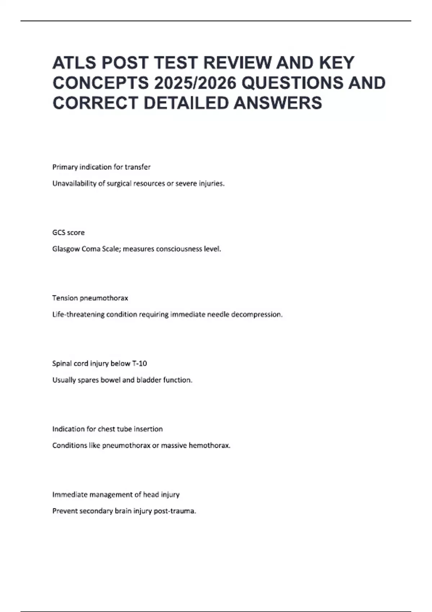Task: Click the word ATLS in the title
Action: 75,63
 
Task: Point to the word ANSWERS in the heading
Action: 278,103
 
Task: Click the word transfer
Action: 138,167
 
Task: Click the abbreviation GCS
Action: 59,233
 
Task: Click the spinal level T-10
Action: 139,364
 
